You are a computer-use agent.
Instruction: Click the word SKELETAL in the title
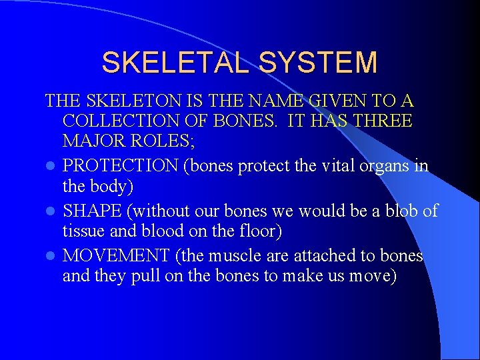point(175,63)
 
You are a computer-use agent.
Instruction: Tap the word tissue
point(83,232)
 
